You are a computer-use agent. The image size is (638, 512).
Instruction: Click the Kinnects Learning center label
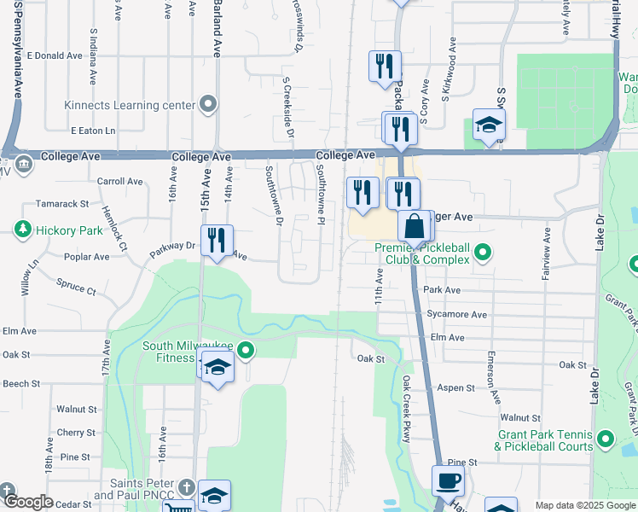[130, 106]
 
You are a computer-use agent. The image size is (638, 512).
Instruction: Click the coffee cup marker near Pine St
[448, 481]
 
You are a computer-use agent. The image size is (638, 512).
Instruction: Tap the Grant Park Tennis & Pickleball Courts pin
[606, 440]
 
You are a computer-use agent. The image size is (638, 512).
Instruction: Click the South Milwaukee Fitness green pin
[246, 350]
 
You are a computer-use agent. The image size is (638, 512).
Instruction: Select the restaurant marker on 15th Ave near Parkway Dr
[217, 241]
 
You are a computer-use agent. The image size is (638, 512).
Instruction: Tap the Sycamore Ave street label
[457, 314]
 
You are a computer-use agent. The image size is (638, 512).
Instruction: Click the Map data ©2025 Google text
[584, 505]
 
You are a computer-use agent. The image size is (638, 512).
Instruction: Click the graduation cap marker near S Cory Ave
[489, 126]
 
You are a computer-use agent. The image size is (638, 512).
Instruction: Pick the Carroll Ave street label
[120, 181]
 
